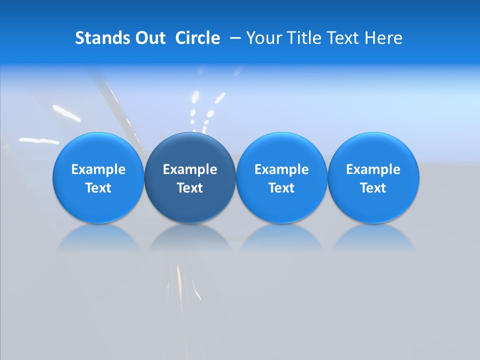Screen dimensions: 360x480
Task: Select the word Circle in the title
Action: [197, 38]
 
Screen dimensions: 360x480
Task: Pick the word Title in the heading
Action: [303, 38]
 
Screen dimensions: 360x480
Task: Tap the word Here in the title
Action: [384, 38]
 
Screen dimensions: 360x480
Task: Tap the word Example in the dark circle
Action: [190, 169]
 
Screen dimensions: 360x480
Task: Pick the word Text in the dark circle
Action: [190, 188]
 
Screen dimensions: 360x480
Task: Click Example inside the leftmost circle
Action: [98, 169]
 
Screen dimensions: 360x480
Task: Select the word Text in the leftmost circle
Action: [98, 188]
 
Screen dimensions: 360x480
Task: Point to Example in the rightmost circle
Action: [373, 169]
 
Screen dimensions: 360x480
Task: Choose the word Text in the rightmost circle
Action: [373, 188]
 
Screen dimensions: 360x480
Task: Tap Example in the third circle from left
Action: [281, 169]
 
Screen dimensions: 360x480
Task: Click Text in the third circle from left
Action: [281, 188]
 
